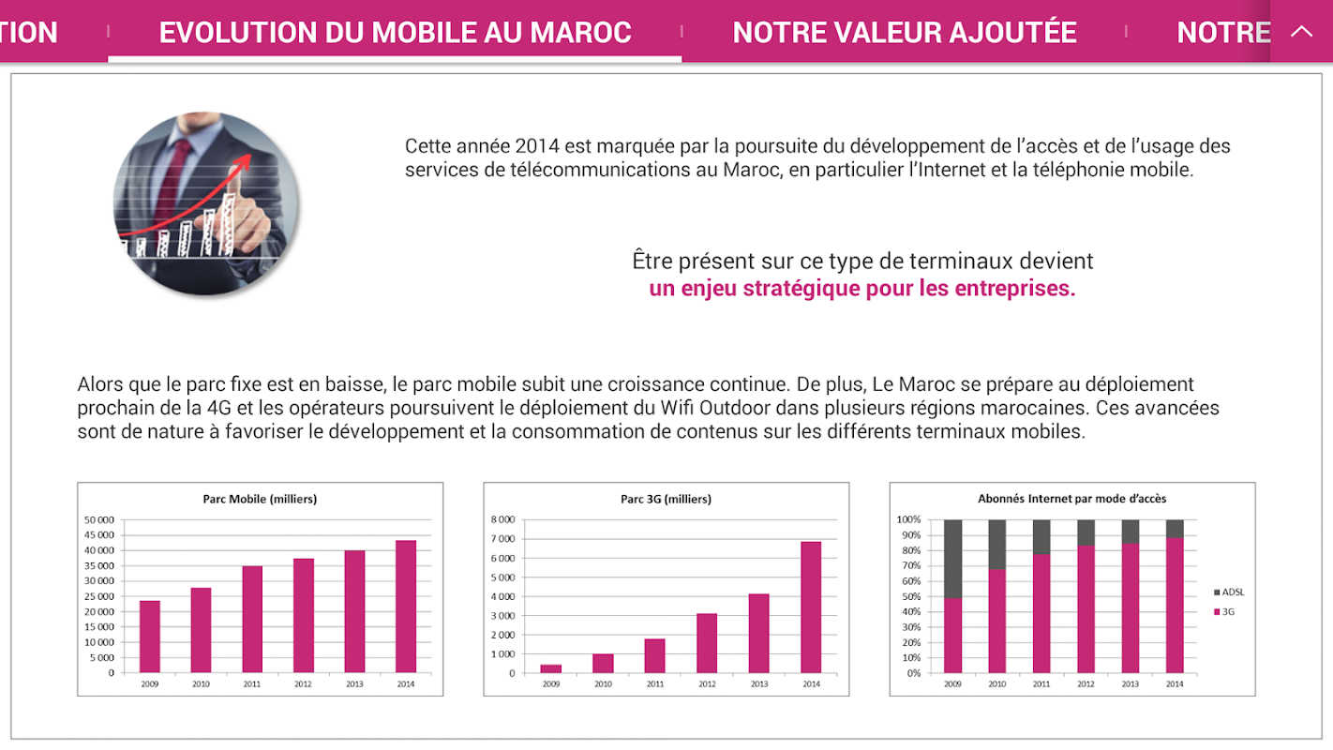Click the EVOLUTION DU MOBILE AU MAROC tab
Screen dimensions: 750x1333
(395, 32)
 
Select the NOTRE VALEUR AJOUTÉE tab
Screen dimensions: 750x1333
(904, 32)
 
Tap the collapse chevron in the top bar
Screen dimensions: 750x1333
(1301, 31)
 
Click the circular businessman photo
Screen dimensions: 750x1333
(206, 204)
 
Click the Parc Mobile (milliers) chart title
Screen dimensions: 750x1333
(260, 500)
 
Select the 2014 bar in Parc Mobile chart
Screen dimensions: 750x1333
(406, 606)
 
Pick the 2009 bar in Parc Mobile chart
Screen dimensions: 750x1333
(150, 637)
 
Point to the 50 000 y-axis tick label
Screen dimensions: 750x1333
(98, 520)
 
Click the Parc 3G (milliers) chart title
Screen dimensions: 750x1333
(666, 500)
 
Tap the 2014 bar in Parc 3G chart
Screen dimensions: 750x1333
(811, 607)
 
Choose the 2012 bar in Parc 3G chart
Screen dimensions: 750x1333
(707, 643)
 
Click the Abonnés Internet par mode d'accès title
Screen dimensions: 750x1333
(1071, 500)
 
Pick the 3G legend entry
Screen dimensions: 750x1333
(1227, 611)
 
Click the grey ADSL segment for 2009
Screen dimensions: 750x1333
(953, 559)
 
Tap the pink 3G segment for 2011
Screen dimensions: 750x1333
(1041, 613)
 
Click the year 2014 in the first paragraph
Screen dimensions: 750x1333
(536, 146)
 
